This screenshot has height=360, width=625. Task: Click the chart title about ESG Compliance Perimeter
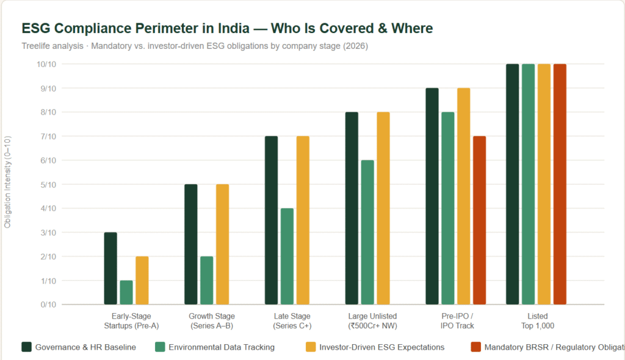(227, 29)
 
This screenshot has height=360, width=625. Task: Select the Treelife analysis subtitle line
(195, 46)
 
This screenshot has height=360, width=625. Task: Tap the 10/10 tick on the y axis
(46, 65)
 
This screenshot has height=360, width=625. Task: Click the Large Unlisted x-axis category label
(372, 321)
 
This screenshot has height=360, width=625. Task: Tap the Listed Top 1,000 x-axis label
(537, 321)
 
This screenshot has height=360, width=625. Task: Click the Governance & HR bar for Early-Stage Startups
(110, 268)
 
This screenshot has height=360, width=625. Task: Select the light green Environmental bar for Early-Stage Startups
(126, 292)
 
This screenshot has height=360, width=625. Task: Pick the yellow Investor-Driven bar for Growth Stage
(222, 244)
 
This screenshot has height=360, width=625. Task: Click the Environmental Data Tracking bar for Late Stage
(287, 256)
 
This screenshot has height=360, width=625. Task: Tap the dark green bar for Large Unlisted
(352, 208)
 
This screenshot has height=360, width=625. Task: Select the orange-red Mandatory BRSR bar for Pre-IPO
(479, 220)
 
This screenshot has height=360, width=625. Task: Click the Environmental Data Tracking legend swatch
(161, 347)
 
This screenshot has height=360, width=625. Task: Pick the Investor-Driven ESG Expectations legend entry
(375, 347)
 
